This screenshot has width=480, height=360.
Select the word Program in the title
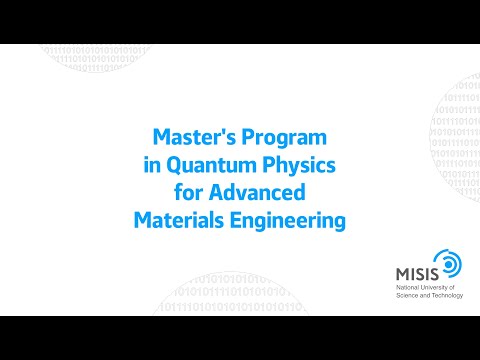[289, 134]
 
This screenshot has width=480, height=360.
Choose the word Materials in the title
[176, 218]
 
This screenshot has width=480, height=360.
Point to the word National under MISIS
[403, 287]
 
